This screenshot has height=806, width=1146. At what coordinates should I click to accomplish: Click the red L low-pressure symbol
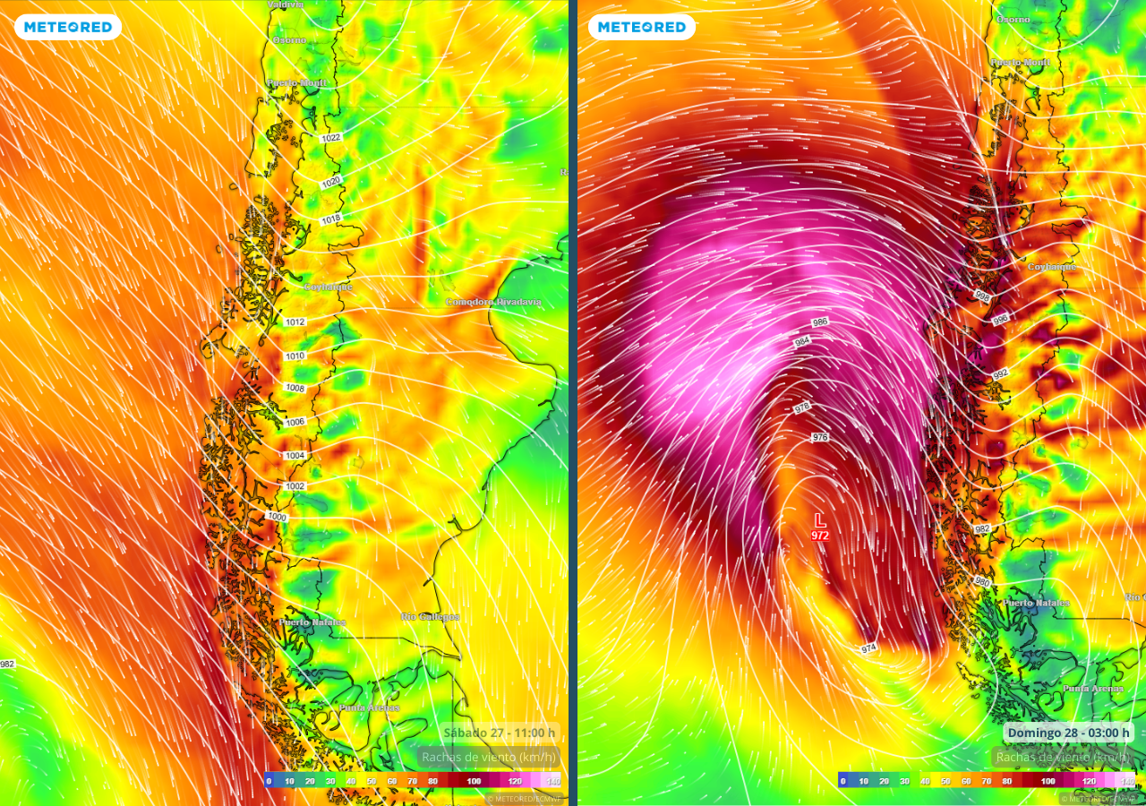tap(819, 519)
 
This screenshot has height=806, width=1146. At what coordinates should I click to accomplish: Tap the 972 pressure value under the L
tap(819, 536)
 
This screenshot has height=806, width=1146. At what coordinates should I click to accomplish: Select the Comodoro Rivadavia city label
tap(493, 302)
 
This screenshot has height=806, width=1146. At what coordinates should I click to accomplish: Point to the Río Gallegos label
tap(430, 617)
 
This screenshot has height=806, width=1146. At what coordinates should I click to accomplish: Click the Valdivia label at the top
tap(286, 4)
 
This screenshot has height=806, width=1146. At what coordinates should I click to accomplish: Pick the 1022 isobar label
tap(331, 138)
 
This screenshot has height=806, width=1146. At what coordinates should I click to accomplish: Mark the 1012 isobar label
tap(295, 322)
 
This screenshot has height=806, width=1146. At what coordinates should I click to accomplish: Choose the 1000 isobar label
tap(277, 517)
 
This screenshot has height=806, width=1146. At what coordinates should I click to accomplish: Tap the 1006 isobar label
tap(295, 422)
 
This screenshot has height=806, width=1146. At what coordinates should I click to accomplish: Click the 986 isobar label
tap(819, 322)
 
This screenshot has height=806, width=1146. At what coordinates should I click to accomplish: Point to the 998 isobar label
tap(982, 296)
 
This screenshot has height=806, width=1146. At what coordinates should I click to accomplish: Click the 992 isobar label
tap(1000, 373)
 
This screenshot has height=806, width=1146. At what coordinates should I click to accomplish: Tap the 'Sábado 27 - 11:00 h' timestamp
tap(500, 733)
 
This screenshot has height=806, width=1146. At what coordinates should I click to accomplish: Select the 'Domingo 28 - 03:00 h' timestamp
tap(1068, 733)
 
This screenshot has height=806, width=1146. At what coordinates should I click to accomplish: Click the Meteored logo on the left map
tap(68, 27)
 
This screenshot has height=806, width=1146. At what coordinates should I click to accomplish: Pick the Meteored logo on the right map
tap(641, 27)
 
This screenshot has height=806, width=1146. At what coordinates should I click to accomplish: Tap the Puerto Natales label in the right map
tap(1036, 603)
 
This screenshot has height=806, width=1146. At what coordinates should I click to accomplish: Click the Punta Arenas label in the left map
tap(369, 707)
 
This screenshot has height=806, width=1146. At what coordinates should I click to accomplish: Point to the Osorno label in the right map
tap(1013, 19)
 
